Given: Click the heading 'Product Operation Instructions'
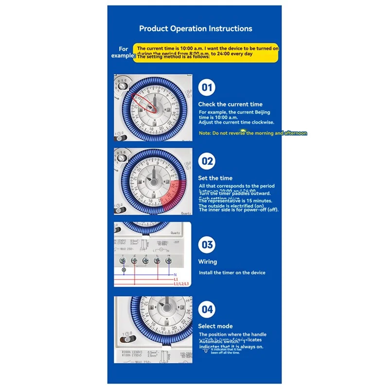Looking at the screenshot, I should (x=195, y=28).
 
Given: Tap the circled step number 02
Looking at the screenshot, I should (x=208, y=161).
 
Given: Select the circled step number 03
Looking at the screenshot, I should (x=208, y=245).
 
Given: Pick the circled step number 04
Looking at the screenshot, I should (x=208, y=309).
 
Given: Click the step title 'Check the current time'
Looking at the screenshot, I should (x=230, y=104).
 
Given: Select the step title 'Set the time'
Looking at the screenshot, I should (x=215, y=178).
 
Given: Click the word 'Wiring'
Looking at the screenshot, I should (x=208, y=262).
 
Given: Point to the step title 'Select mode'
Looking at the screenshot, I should (x=215, y=326).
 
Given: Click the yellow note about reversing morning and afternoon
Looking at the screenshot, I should (x=252, y=133).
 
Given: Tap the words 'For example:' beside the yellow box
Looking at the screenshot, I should (x=124, y=52).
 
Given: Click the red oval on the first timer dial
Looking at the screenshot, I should (x=146, y=104).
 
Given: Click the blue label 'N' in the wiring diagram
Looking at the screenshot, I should (x=175, y=275).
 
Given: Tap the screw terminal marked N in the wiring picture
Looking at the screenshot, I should (x=168, y=261).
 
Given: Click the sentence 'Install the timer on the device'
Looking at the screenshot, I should (x=231, y=273).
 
